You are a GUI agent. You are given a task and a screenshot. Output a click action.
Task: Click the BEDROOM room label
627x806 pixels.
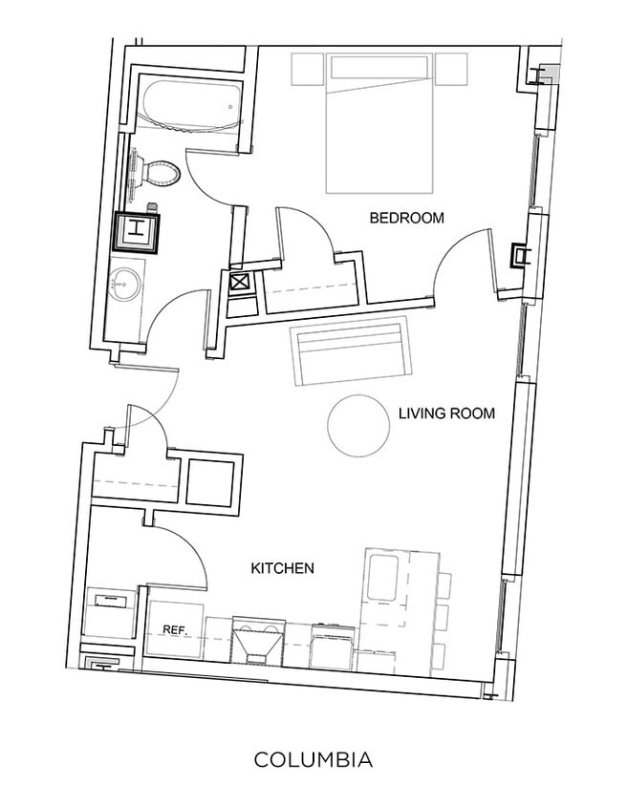coord(406,219)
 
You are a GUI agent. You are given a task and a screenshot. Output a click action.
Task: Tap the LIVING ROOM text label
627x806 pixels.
coord(446,414)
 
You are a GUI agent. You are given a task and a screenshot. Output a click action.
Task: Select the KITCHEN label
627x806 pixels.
coord(282,568)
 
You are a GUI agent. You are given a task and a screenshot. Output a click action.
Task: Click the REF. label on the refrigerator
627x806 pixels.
coord(173,630)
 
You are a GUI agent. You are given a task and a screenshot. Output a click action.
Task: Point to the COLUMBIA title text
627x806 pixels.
coord(313,760)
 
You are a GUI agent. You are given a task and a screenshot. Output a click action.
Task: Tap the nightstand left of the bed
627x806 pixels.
coord(309,70)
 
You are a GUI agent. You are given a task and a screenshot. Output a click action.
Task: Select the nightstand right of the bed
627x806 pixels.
coord(451,69)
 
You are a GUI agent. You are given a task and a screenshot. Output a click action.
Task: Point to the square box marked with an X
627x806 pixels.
coord(239,284)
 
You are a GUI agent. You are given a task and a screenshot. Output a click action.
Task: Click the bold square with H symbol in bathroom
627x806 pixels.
coord(137,229)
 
